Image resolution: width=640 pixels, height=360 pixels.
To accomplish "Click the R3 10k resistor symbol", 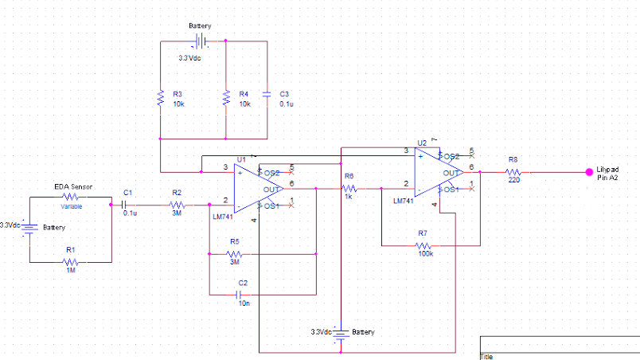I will pos(160,99).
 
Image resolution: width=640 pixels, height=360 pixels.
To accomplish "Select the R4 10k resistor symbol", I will pos(226,99).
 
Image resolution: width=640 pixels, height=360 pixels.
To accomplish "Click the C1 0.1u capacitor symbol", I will pos(124,205).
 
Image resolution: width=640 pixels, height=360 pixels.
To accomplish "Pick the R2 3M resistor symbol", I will pos(177,205).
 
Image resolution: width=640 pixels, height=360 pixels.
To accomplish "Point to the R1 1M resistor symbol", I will pos(70,261).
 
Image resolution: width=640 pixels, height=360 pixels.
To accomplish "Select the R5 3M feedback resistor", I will pos(234,254).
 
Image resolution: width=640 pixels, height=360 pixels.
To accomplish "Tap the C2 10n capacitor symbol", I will pos(244,293).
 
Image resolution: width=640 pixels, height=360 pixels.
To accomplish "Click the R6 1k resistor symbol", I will pos(349,189).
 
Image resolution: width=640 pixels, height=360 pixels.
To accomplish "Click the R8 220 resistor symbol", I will pos(513,172).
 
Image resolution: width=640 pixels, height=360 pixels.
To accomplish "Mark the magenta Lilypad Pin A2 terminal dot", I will pos(588,171).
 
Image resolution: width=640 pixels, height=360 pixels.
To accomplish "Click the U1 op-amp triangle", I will pos(259,189).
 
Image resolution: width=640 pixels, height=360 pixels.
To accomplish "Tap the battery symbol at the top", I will pos(201,40).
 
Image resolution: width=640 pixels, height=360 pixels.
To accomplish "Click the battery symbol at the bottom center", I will pos(340,334).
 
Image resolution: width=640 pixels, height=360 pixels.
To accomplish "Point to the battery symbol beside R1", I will pos(29,229).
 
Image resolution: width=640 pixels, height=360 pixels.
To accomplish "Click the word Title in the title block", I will pos(486,356).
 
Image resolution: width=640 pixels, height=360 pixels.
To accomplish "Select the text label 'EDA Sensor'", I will pos(74,186).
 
